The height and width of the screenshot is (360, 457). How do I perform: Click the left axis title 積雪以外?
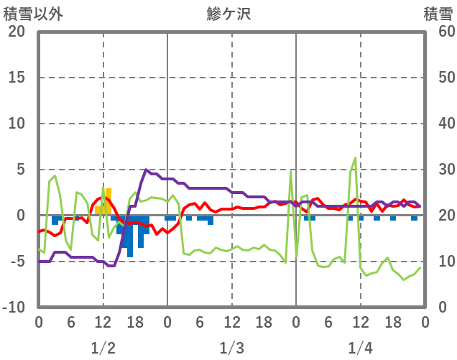(x=28, y=12)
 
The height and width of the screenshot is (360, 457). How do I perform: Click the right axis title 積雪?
(x=438, y=12)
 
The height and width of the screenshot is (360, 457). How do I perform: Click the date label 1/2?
(x=103, y=349)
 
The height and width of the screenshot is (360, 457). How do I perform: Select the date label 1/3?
(x=231, y=349)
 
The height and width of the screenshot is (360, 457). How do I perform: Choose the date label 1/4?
(x=360, y=349)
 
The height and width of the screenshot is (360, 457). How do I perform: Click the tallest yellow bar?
(x=109, y=201)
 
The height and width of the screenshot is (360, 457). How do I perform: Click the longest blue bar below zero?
(x=130, y=237)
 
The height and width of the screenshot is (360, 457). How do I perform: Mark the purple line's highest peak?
(x=147, y=170)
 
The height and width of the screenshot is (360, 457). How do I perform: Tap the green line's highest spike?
(x=355, y=158)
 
